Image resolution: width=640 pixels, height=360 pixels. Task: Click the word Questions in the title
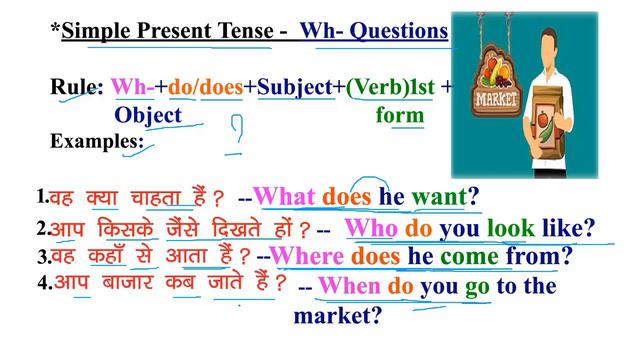399,31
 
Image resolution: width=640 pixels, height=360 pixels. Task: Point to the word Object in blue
148,115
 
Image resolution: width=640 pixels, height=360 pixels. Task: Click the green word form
400,115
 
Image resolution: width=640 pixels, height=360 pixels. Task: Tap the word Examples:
97,141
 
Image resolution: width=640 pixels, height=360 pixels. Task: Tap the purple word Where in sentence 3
307,257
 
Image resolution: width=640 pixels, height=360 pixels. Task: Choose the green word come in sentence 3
470,257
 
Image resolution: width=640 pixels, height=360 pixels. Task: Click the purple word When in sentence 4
349,287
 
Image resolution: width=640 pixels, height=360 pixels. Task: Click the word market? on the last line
337,317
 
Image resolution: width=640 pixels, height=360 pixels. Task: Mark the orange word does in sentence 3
376,257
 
